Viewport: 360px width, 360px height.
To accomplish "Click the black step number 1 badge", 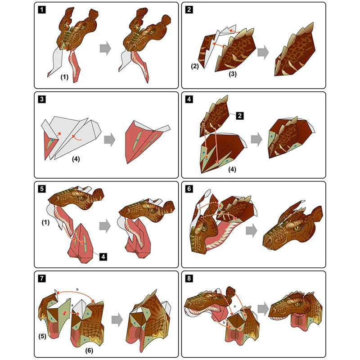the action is click(x=41, y=9).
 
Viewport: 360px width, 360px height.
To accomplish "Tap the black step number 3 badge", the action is click(x=41, y=99).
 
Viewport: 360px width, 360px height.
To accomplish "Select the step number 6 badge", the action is click(x=189, y=189).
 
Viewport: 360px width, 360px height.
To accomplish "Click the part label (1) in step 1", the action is click(x=64, y=77).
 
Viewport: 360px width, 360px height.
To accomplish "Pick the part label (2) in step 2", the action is click(x=194, y=66).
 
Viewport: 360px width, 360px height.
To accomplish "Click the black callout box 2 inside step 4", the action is click(x=240, y=116).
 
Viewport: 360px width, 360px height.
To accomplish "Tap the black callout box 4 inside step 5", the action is click(x=103, y=256).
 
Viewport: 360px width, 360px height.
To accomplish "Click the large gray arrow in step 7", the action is click(x=117, y=319).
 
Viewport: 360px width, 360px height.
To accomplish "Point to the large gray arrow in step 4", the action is click(x=257, y=139).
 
